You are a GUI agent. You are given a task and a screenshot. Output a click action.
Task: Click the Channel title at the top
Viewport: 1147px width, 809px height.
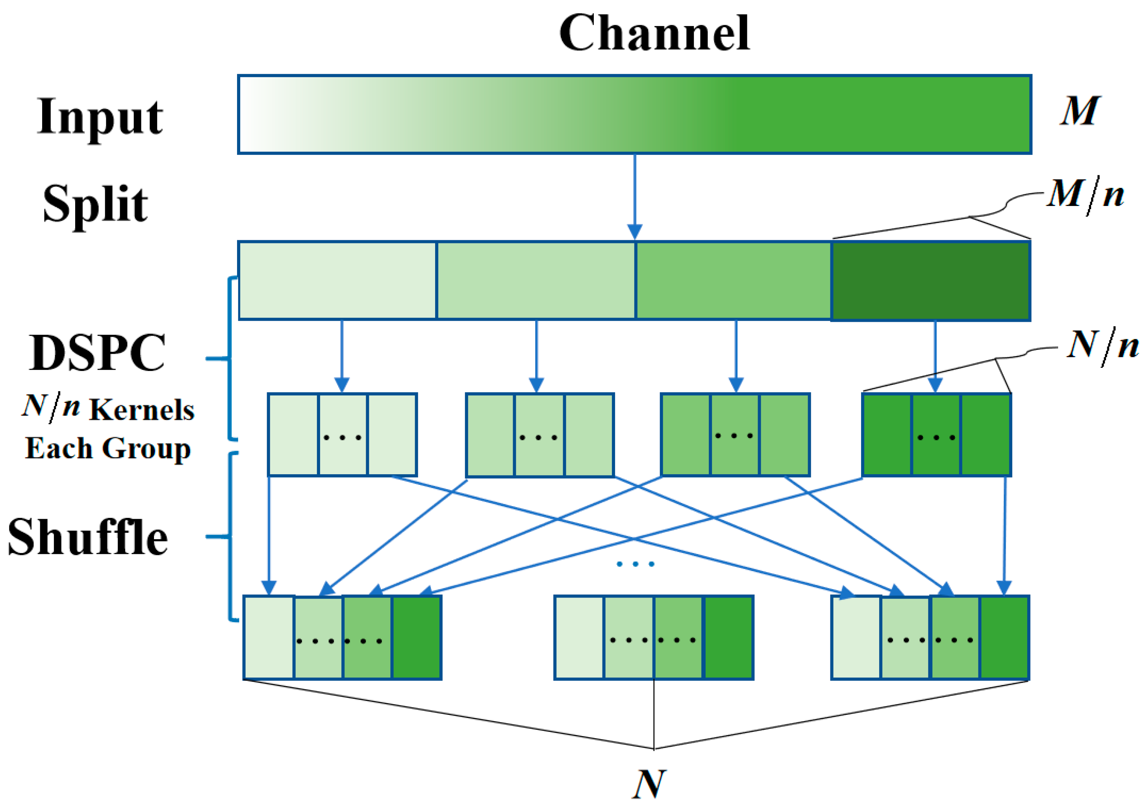coord(654,34)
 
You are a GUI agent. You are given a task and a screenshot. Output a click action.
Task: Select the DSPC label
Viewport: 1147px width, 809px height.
coord(97,353)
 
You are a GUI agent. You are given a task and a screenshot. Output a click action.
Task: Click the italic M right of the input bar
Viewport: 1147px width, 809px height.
coord(1079,111)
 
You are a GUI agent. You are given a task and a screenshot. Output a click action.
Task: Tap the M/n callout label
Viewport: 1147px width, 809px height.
coord(1085,195)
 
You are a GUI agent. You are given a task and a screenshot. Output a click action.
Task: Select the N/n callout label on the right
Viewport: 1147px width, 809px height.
coord(1102,346)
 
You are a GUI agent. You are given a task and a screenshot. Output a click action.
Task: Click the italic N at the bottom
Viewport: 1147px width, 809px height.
coord(649,785)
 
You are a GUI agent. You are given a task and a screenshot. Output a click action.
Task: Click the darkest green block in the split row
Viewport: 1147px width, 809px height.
coord(930,281)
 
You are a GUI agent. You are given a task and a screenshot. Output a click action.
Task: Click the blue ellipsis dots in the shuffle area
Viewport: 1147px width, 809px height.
coord(635,564)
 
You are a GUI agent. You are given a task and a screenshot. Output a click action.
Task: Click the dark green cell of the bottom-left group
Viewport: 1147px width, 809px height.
coord(416,638)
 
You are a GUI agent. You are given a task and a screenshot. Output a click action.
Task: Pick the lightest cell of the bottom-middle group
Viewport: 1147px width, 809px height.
coord(579,638)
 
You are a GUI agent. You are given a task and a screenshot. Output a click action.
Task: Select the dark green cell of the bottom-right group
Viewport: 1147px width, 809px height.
coord(1004,638)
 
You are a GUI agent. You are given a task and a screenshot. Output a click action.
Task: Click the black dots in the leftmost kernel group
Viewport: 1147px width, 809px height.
coord(342,438)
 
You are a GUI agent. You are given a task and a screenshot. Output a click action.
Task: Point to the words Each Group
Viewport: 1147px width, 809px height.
coord(108,448)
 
